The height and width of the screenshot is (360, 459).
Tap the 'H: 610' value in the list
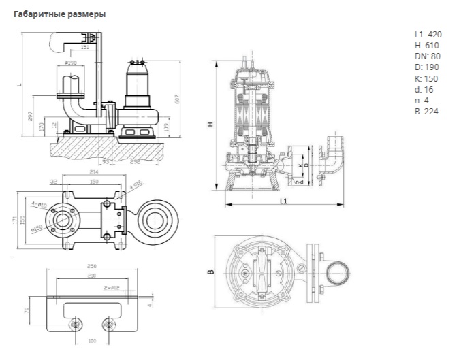[426, 46]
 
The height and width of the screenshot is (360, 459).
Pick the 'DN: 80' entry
[428, 56]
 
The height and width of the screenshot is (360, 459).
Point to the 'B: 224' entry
[426, 111]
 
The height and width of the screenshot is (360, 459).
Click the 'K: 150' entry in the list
[426, 78]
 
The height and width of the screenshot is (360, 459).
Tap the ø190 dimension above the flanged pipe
[70, 63]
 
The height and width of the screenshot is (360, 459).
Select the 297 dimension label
[32, 117]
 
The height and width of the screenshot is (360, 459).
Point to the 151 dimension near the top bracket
[85, 48]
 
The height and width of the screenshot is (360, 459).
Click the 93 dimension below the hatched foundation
[106, 161]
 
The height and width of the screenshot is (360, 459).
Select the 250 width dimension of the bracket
[91, 267]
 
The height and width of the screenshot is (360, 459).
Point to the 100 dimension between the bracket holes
[90, 339]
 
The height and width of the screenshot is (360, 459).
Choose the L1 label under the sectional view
[283, 201]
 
